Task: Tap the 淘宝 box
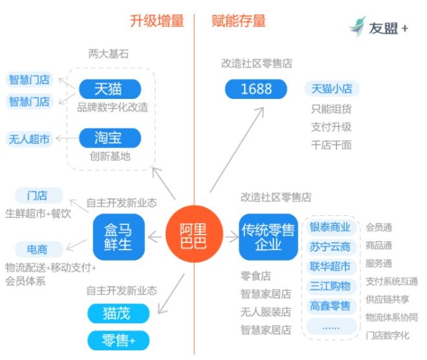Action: click(x=109, y=138)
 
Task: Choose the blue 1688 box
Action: click(x=256, y=89)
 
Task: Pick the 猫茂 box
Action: click(x=118, y=314)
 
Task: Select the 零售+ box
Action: click(x=118, y=340)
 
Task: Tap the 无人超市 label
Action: click(x=29, y=138)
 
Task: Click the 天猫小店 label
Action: click(x=332, y=89)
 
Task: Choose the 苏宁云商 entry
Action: click(x=330, y=247)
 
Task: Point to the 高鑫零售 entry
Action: click(x=330, y=306)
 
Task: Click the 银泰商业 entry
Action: click(x=330, y=228)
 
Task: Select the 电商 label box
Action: click(x=37, y=249)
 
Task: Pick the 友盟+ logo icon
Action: click(x=357, y=26)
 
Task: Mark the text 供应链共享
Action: click(x=388, y=299)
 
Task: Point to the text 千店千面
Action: click(x=331, y=145)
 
